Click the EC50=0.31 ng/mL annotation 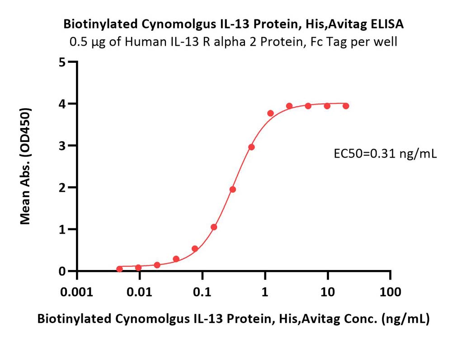385,154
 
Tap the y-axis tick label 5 62,62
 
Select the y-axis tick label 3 62,145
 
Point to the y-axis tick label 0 62,271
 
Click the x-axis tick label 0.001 77,292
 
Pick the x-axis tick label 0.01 140,292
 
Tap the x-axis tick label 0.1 202,292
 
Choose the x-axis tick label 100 391,292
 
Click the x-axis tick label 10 328,292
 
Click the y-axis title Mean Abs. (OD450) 25,166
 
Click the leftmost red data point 120,269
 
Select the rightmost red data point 346,106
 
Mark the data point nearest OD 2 233,189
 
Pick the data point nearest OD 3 251,147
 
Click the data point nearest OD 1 214,227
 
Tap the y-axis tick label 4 62,104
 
